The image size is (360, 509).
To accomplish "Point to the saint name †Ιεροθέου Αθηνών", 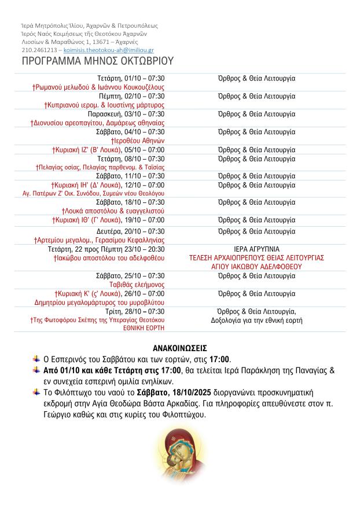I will pyautogui.click(x=138, y=141).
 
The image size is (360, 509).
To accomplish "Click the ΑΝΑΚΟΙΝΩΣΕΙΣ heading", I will pyautogui.click(x=180, y=348).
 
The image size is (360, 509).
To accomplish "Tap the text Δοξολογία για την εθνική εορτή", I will pyautogui.click(x=256, y=320).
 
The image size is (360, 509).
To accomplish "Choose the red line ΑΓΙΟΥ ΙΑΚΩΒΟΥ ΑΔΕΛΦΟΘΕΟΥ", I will pyautogui.click(x=256, y=267).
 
